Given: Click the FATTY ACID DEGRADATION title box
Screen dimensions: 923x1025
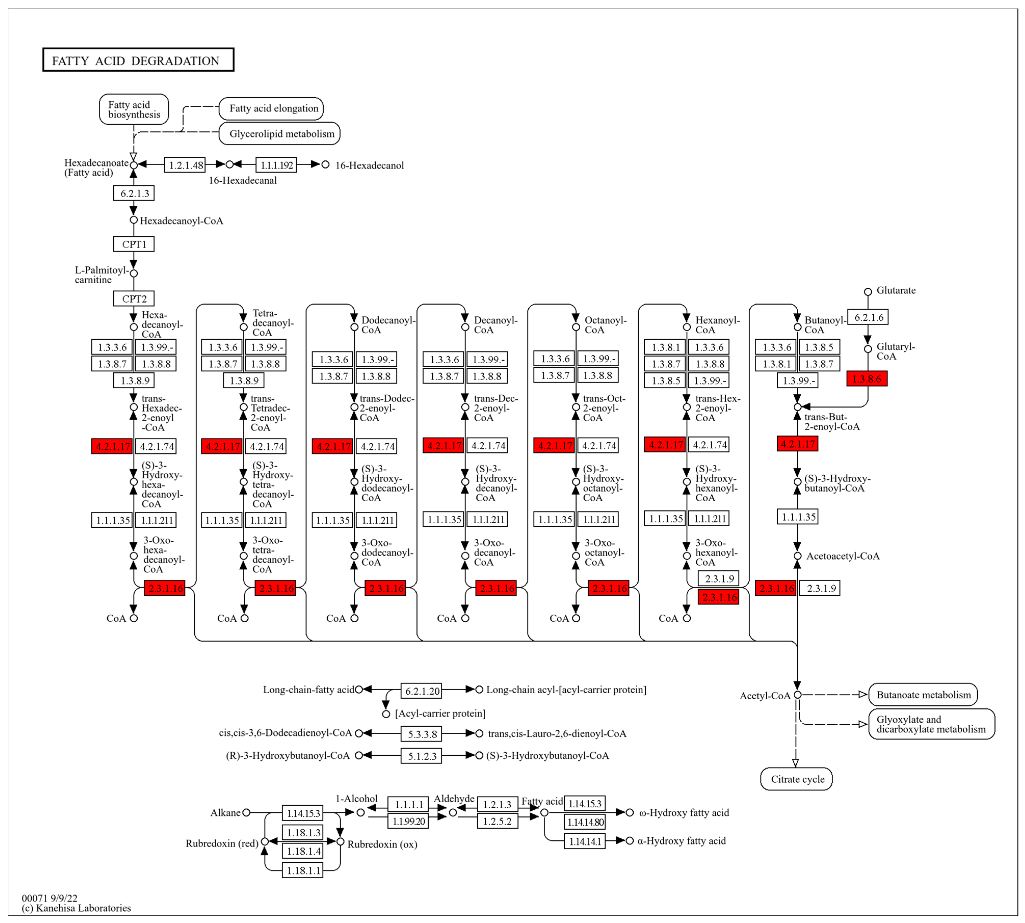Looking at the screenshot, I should (x=138, y=60).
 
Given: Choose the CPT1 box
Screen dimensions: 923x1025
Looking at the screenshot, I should (x=134, y=244).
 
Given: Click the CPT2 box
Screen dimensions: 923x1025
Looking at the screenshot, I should (x=134, y=298).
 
